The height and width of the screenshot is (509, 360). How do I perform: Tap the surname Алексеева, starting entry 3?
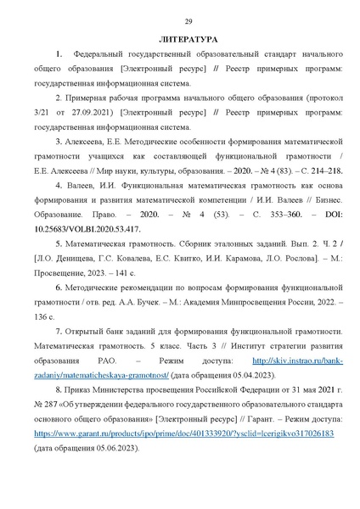89,138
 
